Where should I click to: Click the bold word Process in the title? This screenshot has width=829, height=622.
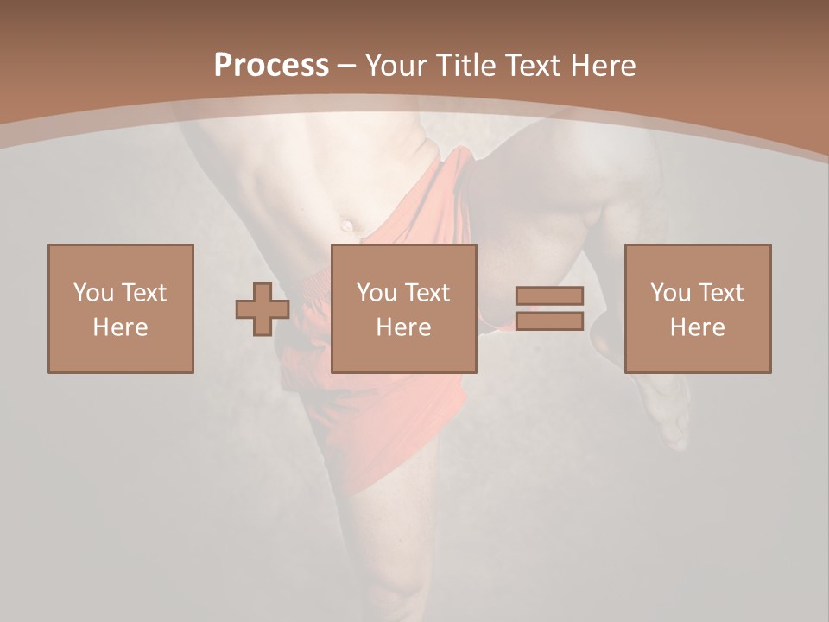tap(271, 66)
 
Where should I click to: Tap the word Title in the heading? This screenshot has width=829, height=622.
tap(465, 66)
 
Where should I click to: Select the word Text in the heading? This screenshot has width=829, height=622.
tap(535, 66)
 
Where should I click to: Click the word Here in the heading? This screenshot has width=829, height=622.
tap(604, 66)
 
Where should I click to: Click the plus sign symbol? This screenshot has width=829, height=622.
tap(263, 309)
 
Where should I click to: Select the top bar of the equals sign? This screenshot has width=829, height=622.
tap(549, 295)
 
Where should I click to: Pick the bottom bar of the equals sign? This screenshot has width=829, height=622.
tap(549, 321)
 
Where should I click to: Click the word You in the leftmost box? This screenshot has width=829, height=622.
tap(93, 293)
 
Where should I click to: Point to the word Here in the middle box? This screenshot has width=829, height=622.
tap(403, 327)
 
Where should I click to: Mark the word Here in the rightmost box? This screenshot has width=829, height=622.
tap(697, 327)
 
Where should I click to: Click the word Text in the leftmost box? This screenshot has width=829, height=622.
tap(142, 293)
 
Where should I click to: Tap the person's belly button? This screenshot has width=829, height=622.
tap(347, 225)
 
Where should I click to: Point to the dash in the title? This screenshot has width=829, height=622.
tap(346, 67)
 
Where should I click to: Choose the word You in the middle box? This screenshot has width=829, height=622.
tap(377, 293)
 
